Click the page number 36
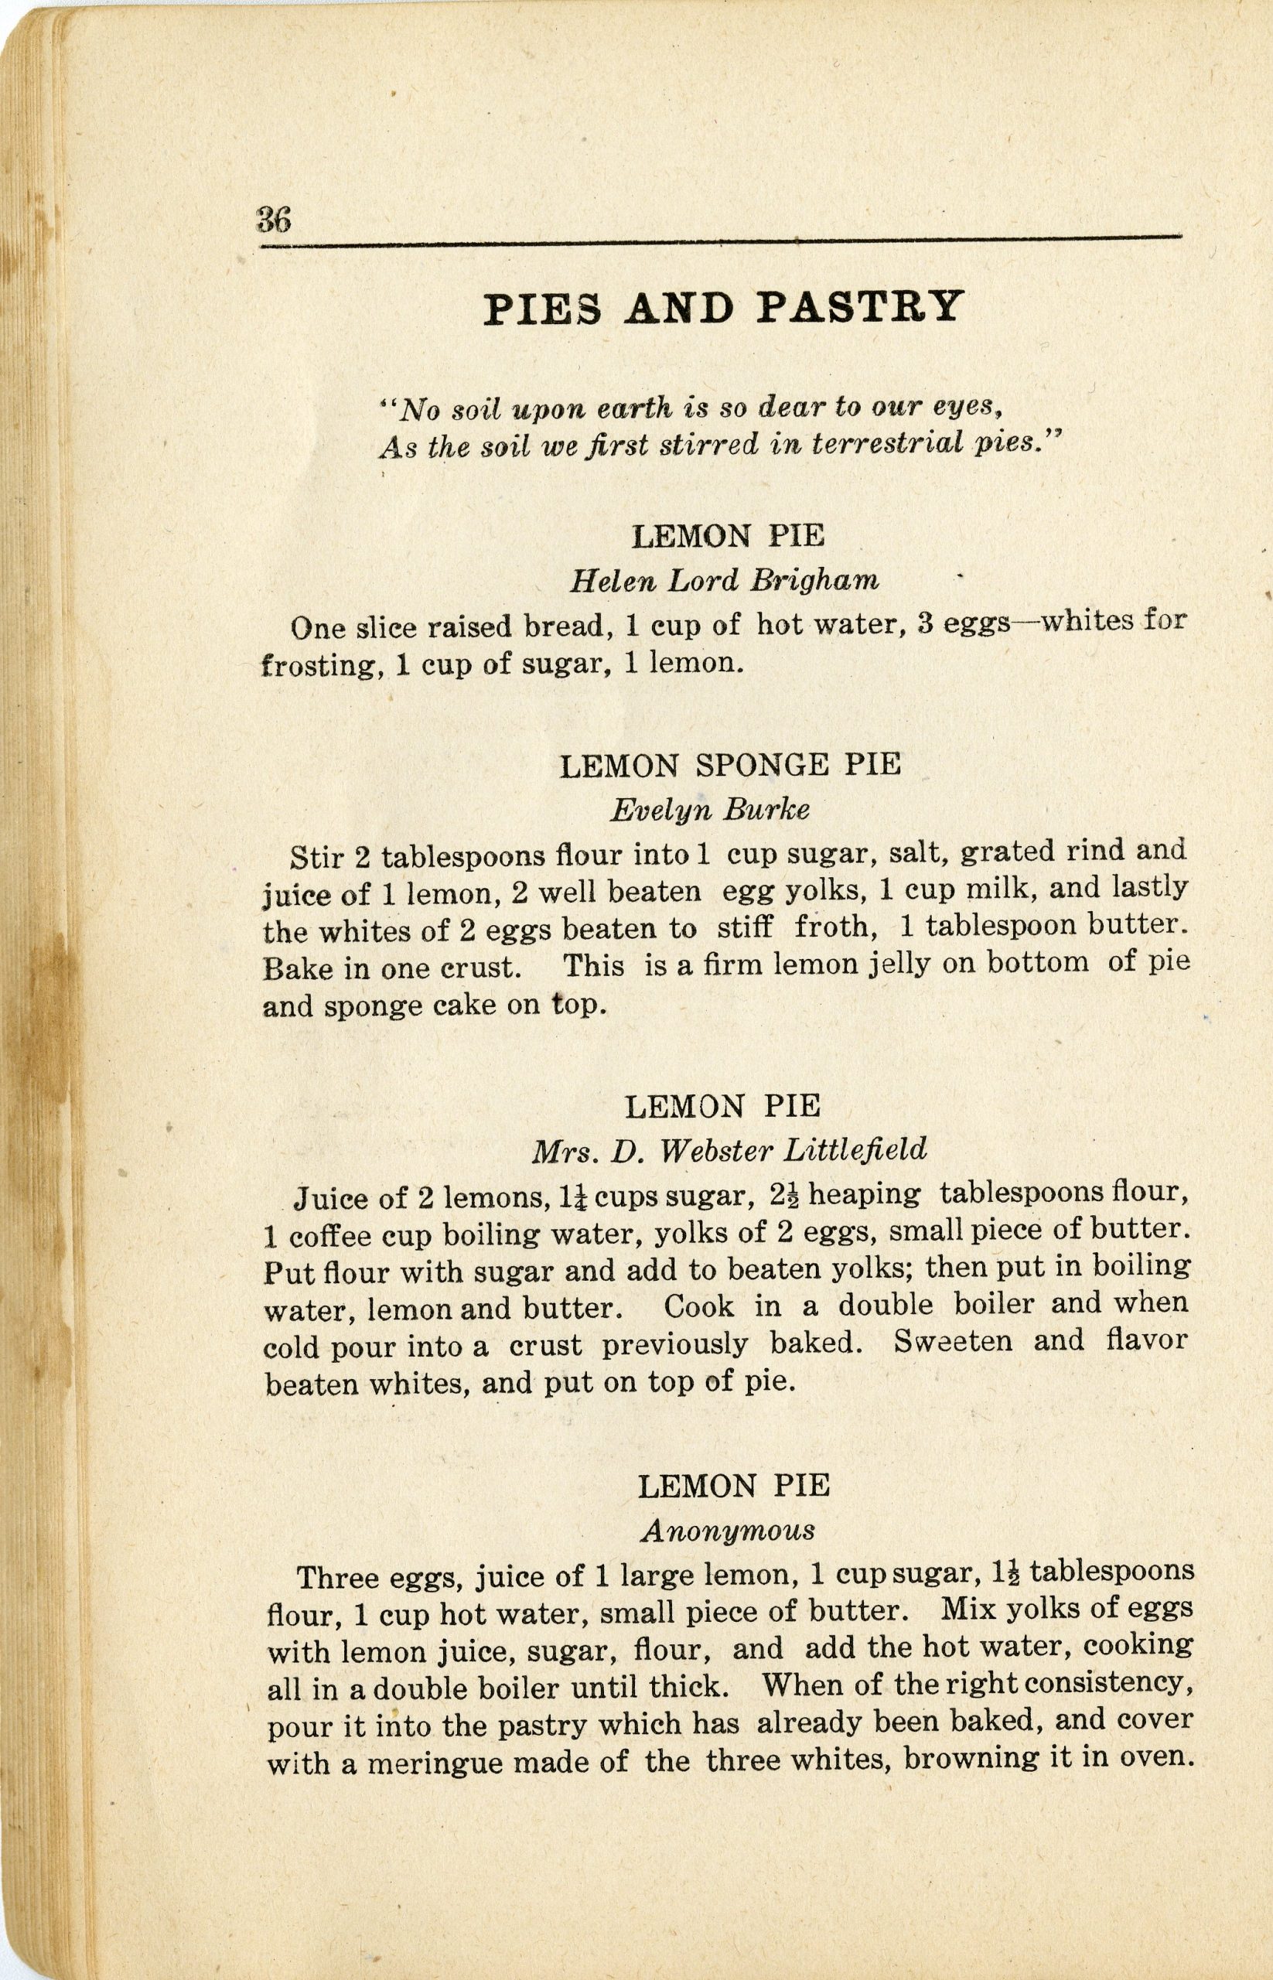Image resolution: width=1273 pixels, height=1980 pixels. [274, 220]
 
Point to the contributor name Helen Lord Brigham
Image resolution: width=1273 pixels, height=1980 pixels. [724, 581]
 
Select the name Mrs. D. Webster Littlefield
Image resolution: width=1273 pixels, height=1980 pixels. [729, 1149]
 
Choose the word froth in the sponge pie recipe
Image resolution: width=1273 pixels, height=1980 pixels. [835, 927]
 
